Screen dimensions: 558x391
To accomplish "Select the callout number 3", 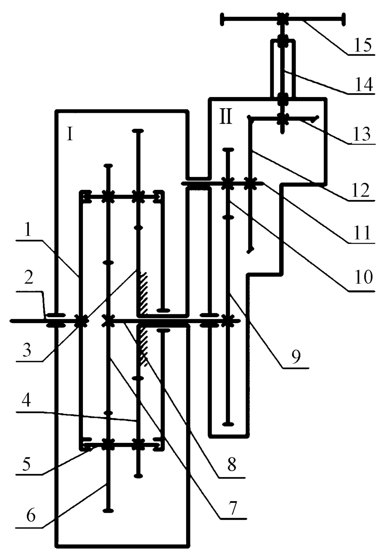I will [26, 350].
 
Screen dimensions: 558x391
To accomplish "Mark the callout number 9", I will [296, 357].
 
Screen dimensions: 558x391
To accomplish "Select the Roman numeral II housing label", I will [226, 117].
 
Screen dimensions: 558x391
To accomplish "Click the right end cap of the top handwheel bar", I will [344, 18].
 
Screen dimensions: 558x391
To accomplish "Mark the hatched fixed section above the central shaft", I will [143, 292].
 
